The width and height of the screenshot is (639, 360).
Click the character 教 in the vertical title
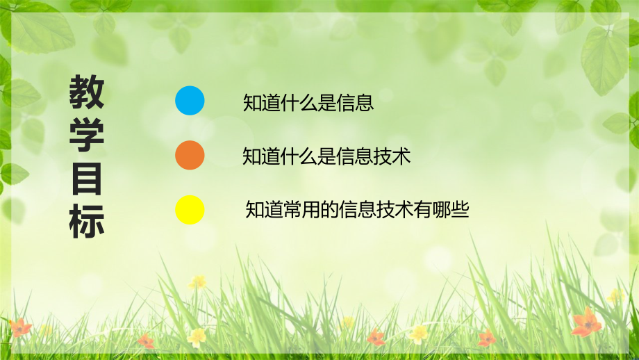86,93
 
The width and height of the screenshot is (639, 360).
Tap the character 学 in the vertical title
86,136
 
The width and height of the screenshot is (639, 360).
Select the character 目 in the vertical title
86,179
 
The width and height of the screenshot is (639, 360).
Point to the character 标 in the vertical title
86,222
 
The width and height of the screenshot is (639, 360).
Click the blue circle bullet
190,101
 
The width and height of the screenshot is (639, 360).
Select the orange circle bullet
190,156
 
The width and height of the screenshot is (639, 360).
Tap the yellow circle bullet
190,210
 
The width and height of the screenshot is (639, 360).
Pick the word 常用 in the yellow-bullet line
302,210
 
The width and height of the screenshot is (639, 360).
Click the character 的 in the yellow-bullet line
330,210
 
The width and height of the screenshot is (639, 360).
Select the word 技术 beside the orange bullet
392,156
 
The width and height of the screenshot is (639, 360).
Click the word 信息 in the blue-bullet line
356,103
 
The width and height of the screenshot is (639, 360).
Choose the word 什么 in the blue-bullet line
299,103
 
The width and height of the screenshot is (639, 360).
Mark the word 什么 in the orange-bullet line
299,156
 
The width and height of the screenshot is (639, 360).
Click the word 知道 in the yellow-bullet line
265,210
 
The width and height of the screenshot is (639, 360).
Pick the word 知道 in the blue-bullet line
261,103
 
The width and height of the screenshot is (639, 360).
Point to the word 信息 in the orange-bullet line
356,156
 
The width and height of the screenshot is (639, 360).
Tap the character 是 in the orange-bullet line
327,156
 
